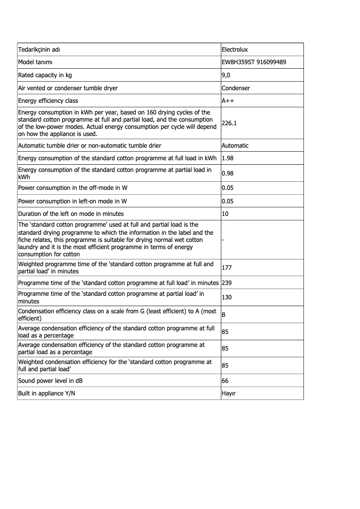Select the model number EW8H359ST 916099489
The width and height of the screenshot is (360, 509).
coord(254,62)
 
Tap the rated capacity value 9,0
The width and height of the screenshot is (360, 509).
coord(226,75)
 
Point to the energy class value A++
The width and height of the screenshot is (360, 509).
coord(228,101)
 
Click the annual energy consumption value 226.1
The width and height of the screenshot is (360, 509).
coord(229,122)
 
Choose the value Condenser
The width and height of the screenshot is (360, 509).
coord(236,88)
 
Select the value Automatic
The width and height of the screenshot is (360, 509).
coord(235,145)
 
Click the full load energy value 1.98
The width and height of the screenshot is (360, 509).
coord(228,158)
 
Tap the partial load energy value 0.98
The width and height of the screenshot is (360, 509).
coord(228,173)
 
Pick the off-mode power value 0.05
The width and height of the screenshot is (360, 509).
coord(228,188)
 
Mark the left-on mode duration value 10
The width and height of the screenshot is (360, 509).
coord(225,214)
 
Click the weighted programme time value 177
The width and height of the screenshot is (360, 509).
coord(227,268)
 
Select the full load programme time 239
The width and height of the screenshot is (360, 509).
coord(227,283)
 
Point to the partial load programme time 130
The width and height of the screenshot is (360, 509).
coord(227,298)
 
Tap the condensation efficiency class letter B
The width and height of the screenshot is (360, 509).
coord(224,315)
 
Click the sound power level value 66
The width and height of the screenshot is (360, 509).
coord(225,381)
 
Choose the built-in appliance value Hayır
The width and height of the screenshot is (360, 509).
coord(229,393)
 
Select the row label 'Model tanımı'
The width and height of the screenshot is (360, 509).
coord(35,62)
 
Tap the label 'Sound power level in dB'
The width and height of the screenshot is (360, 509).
coord(50,381)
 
